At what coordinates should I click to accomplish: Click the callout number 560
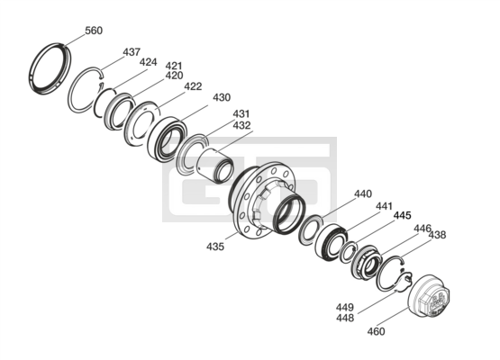click(94, 31)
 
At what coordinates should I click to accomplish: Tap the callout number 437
click(132, 52)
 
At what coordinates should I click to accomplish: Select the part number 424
click(149, 62)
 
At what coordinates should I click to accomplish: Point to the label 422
click(193, 86)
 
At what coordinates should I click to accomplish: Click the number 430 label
click(222, 97)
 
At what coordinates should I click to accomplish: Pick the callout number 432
click(241, 125)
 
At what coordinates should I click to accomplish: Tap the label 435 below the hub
click(215, 247)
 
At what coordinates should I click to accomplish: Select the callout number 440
click(363, 193)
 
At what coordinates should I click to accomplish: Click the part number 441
click(384, 206)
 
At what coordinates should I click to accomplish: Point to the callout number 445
click(403, 215)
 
